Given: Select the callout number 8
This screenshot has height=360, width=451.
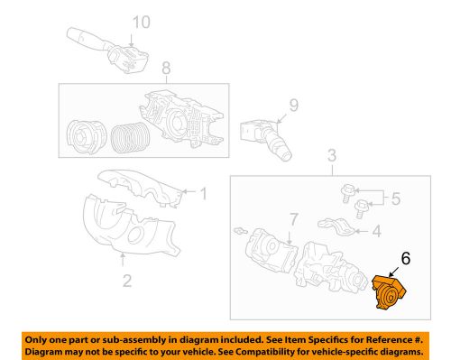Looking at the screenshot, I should [165, 68].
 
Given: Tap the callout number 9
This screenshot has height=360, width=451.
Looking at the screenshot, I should [292, 106].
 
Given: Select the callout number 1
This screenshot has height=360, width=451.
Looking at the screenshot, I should [203, 192].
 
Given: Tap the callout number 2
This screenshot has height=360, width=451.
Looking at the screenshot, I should [126, 281].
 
